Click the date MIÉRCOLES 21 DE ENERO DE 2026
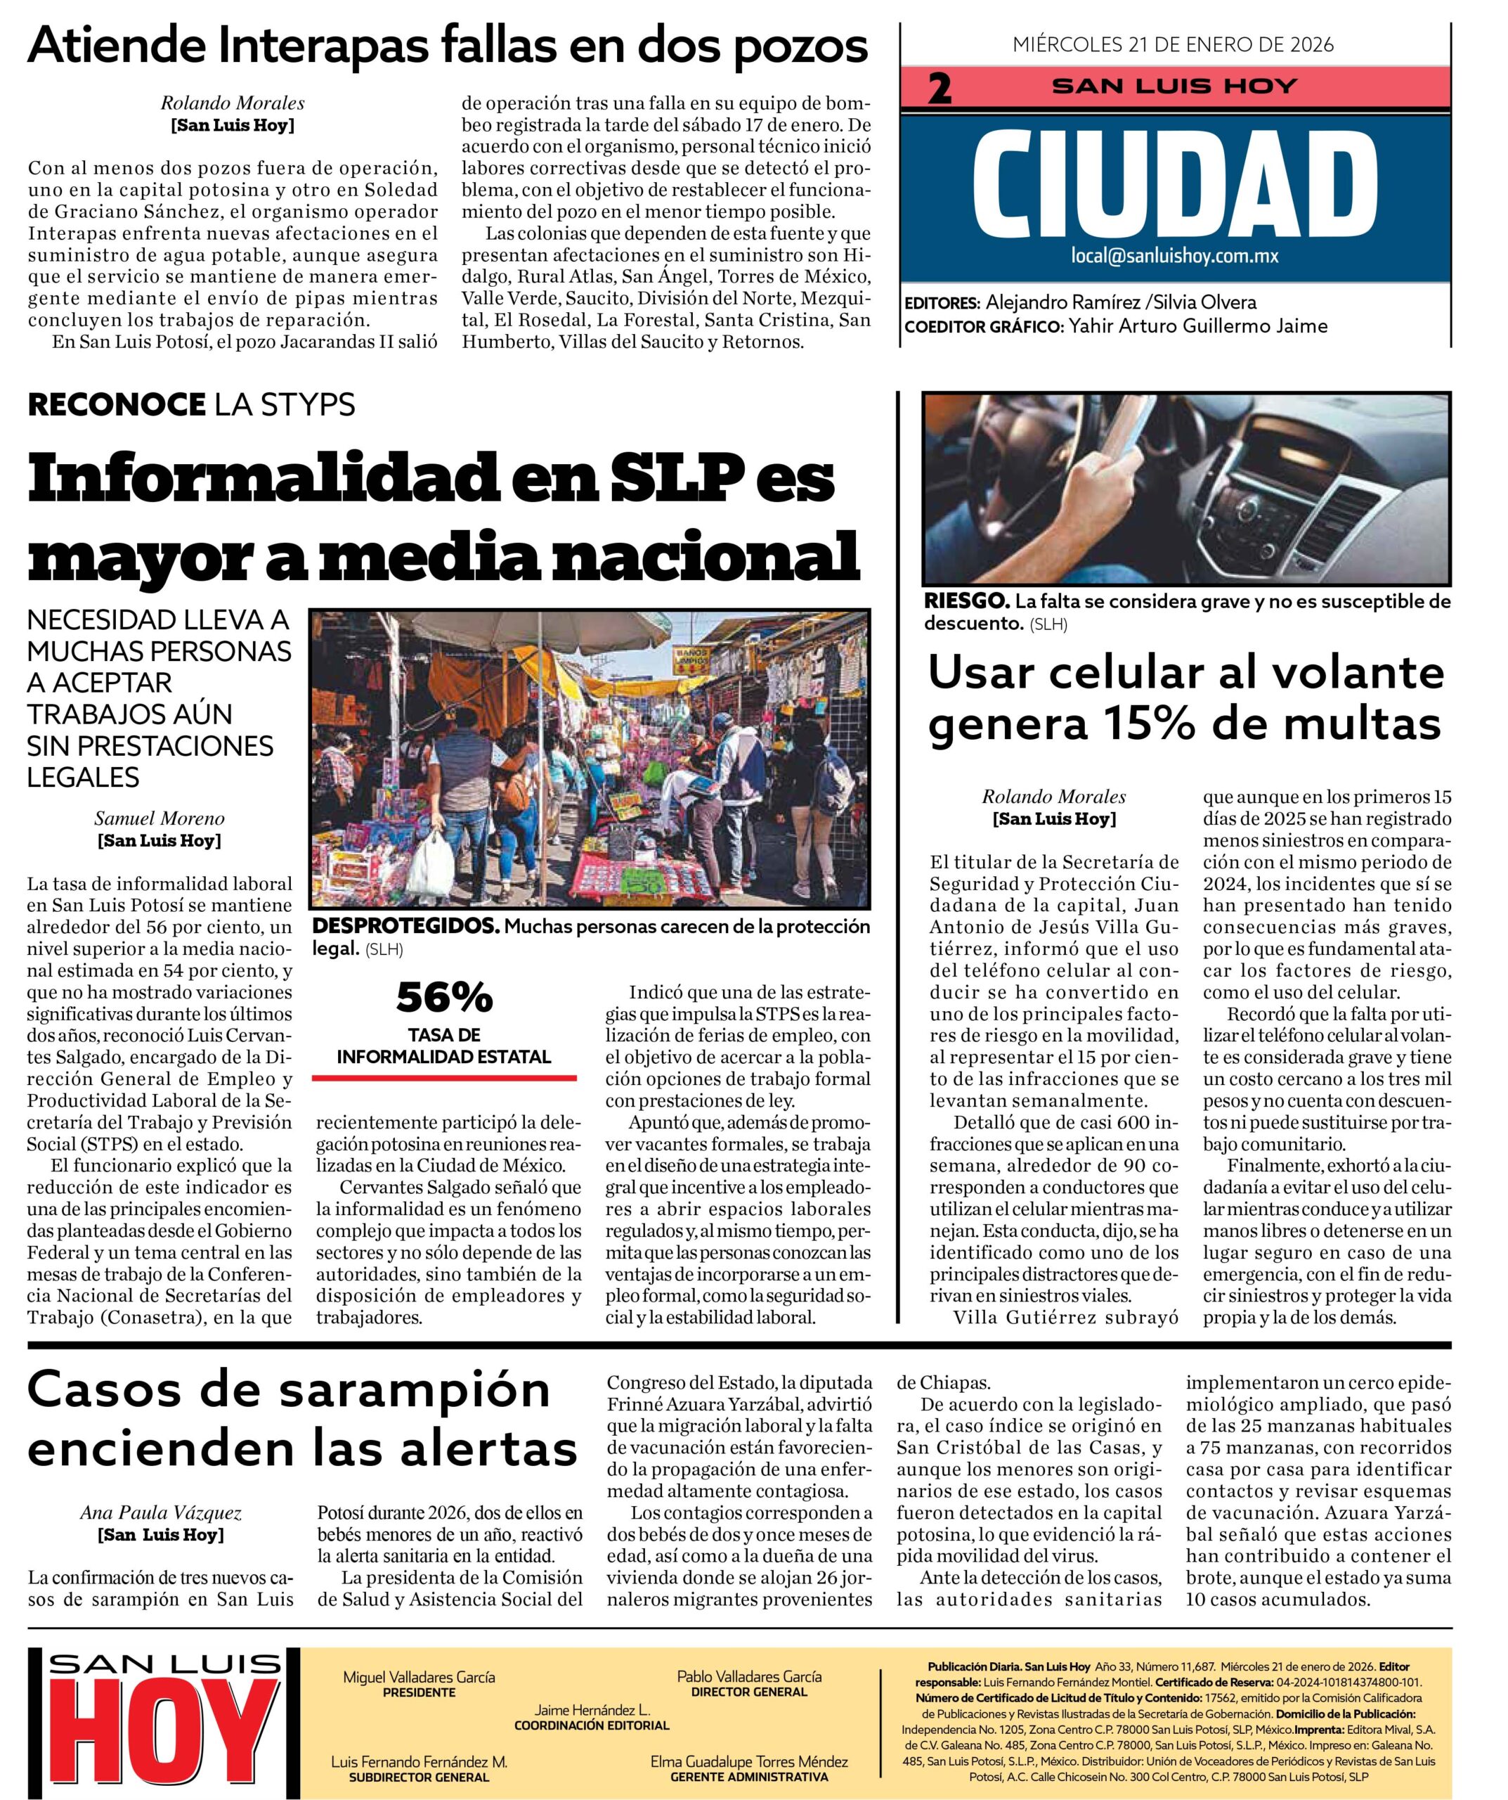point(1173,44)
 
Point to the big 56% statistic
point(444,996)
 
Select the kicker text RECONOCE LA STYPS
point(191,404)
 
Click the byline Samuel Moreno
point(160,818)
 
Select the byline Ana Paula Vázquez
point(160,1513)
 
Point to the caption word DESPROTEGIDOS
point(405,927)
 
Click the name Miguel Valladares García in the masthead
point(419,1676)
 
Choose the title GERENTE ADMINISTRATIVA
point(749,1777)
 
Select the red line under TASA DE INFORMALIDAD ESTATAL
point(444,1076)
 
